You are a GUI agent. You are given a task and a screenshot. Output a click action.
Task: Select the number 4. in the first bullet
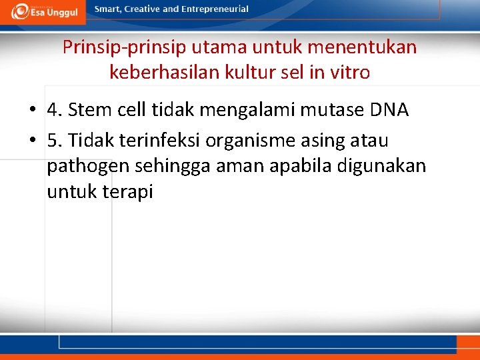55,109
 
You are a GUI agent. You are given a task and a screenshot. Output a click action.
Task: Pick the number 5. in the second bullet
55,141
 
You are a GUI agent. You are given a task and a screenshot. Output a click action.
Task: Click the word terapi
129,191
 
